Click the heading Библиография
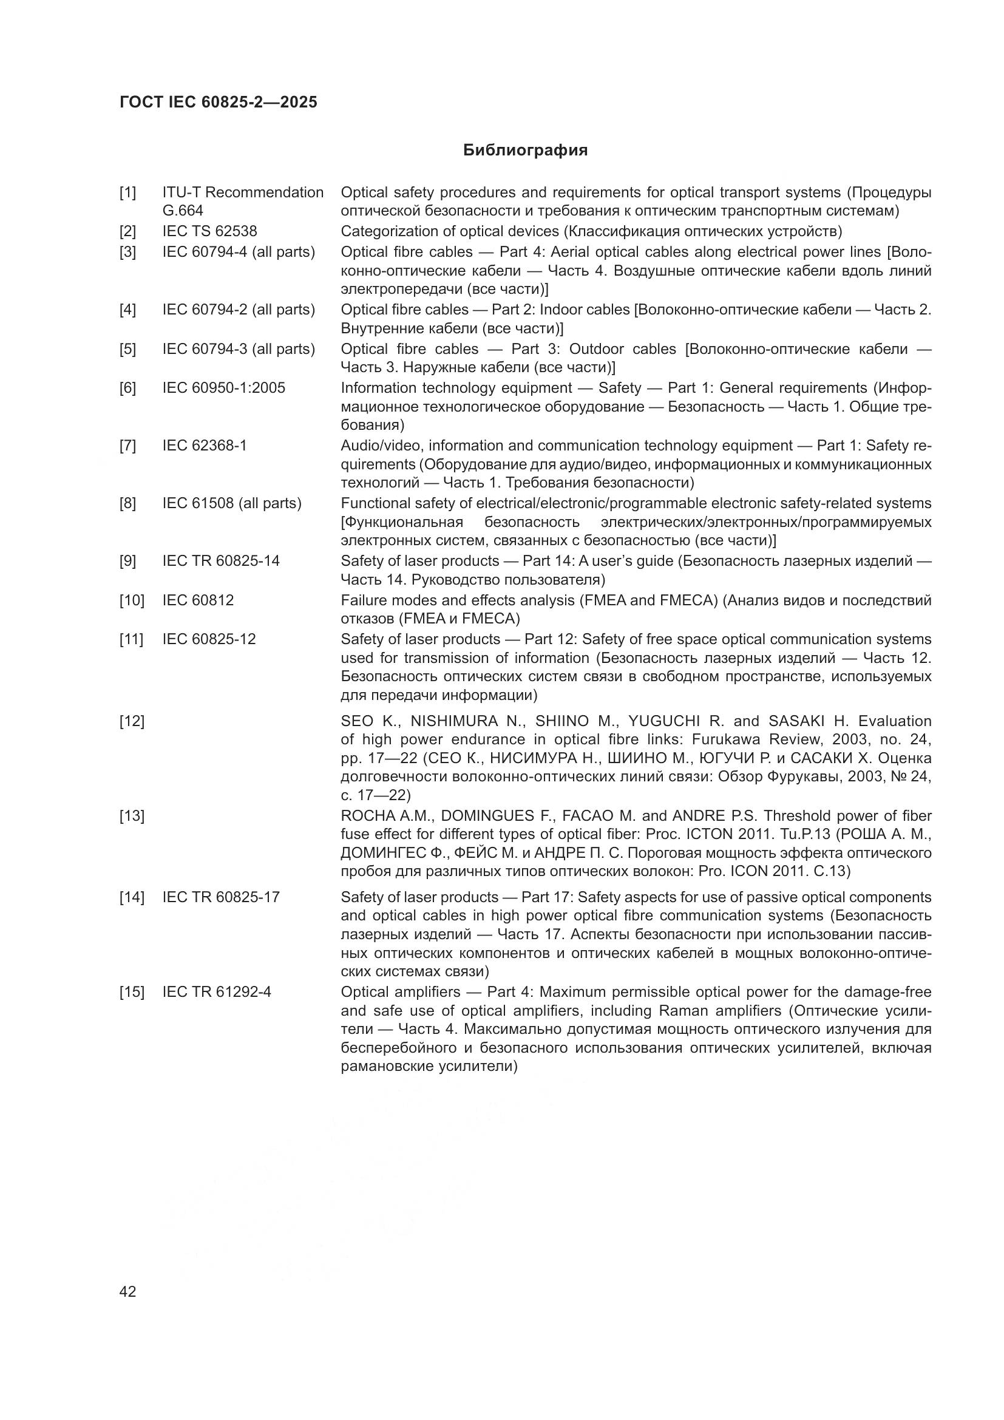[525, 151]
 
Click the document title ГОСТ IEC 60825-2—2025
[219, 102]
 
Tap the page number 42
[127, 1291]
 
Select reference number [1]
[127, 192]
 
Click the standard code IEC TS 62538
[209, 231]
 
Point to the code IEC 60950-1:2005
[224, 388]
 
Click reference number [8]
[127, 503]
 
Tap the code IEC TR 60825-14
[221, 561]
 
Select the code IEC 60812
[198, 600]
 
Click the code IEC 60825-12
[209, 639]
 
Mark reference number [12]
[132, 721]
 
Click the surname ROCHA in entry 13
[365, 816]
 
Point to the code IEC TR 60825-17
[221, 897]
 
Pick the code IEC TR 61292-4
[216, 992]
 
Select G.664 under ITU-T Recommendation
[182, 211]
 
